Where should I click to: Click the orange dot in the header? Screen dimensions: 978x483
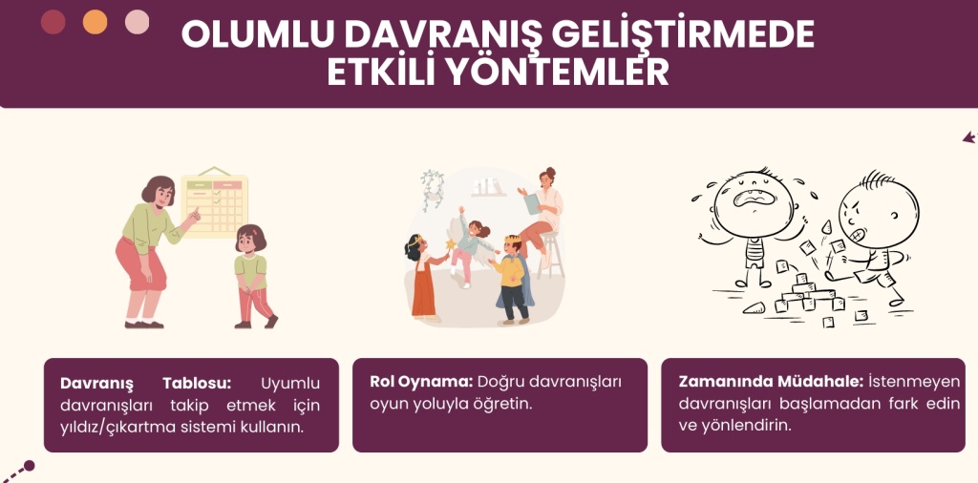pos(95,23)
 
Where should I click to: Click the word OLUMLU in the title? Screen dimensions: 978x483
pos(258,35)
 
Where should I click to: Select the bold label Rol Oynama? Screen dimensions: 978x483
pos(421,382)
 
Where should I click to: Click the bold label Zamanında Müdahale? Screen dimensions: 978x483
pos(771,382)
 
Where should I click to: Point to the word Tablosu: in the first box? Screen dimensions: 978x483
pos(197,384)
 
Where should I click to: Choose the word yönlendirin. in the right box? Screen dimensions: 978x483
pos(745,427)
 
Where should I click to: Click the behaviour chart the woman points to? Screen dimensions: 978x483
pos(215,202)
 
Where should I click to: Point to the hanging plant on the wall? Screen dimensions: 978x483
pos(432,189)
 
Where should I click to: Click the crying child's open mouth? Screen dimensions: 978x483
pos(755,198)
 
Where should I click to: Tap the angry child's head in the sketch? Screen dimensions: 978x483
pos(879,210)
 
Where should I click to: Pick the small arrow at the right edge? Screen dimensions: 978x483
pos(969,137)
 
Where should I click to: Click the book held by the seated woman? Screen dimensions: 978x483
pos(532,203)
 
